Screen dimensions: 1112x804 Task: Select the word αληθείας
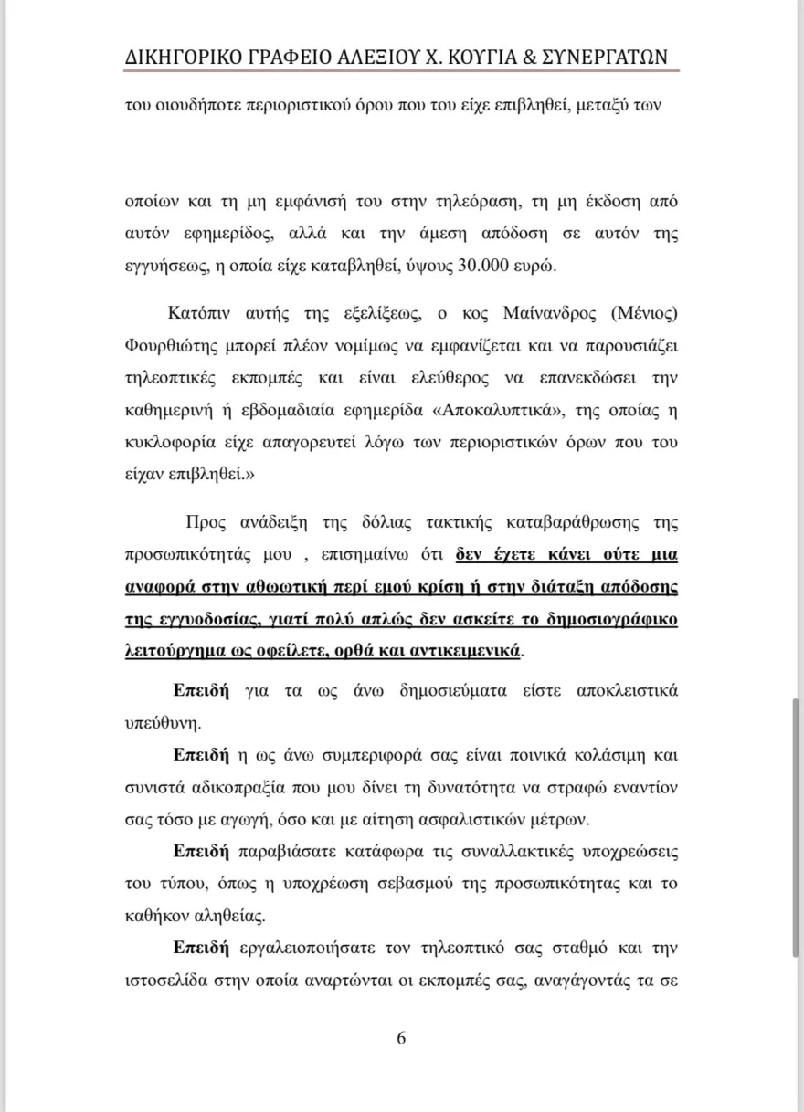232,915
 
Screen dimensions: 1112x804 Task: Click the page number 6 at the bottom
401,1038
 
